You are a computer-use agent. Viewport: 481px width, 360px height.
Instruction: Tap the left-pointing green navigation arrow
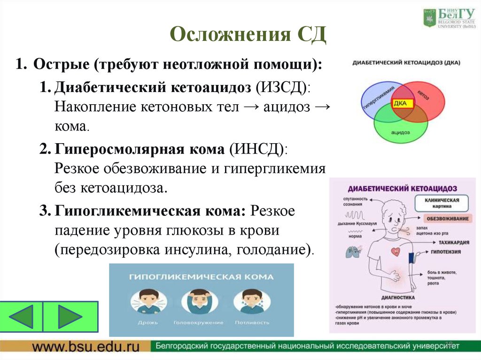[x=22, y=316]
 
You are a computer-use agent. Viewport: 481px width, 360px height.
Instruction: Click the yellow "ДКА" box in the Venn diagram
[x=400, y=103]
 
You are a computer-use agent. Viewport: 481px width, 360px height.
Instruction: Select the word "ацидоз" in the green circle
[x=400, y=133]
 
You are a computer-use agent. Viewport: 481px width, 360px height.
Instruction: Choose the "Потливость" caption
[x=251, y=322]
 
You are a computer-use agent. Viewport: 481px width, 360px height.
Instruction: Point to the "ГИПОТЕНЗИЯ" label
[x=450, y=253]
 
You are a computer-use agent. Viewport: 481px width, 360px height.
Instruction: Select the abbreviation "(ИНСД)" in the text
[x=260, y=149]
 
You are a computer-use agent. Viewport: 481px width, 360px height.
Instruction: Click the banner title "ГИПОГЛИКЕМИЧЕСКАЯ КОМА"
[x=201, y=277]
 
